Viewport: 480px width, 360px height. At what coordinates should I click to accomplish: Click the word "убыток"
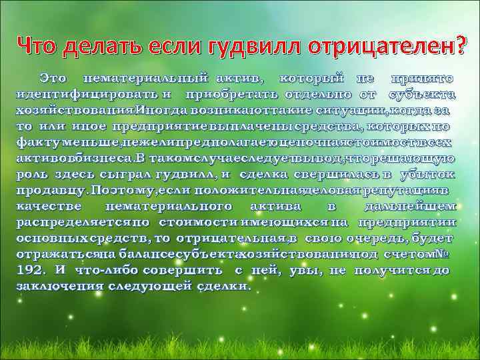[x=428, y=174]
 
